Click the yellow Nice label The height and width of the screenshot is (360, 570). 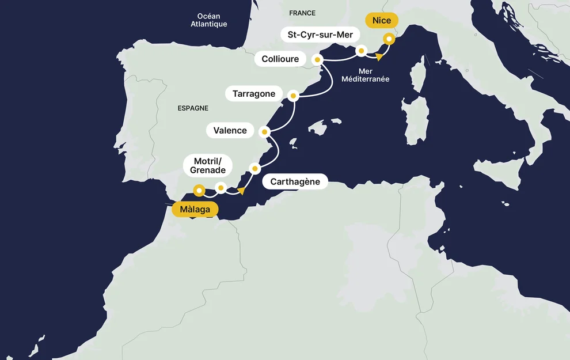(381, 21)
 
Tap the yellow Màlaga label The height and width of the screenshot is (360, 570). (195, 209)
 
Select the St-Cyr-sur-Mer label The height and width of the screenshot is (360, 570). (320, 35)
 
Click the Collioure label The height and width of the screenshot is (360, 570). (280, 59)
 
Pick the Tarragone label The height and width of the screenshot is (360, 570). (254, 93)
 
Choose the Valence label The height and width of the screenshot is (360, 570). (230, 130)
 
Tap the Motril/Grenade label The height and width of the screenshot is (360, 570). (208, 165)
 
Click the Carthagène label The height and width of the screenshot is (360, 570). (295, 182)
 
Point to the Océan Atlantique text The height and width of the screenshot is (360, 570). (209, 20)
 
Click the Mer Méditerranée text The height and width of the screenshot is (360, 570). (366, 75)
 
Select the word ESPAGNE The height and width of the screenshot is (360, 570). (193, 108)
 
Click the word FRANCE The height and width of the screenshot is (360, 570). (302, 13)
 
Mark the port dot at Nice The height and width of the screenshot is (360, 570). (389, 39)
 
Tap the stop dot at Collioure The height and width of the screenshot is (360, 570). (316, 59)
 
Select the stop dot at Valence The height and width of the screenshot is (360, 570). (264, 132)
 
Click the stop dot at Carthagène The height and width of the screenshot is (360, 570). (254, 168)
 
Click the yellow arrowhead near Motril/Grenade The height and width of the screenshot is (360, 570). (241, 191)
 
